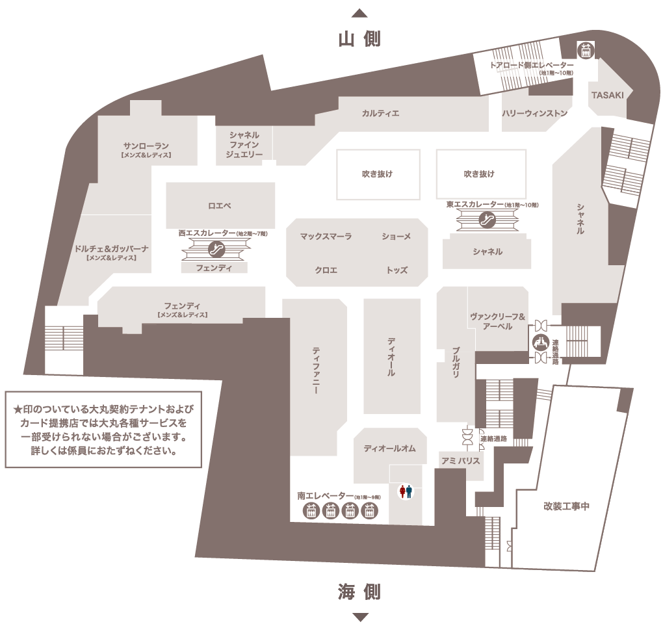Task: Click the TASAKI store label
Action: click(608, 95)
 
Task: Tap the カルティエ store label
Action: click(380, 113)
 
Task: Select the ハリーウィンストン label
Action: click(534, 113)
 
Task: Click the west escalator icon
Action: click(217, 250)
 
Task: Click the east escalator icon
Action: click(487, 220)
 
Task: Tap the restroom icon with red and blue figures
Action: click(406, 491)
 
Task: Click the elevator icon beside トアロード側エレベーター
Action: click(586, 50)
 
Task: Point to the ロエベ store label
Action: click(220, 206)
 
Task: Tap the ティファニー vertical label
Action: click(316, 370)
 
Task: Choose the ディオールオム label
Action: click(390, 448)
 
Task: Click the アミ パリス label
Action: click(460, 460)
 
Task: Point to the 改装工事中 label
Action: click(566, 506)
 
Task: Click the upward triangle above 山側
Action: click(359, 13)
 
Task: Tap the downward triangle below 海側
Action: click(360, 617)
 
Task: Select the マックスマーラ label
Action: click(326, 237)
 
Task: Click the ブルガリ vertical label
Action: click(456, 362)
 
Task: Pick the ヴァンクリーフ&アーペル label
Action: click(498, 321)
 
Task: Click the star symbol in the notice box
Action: click(18, 409)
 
